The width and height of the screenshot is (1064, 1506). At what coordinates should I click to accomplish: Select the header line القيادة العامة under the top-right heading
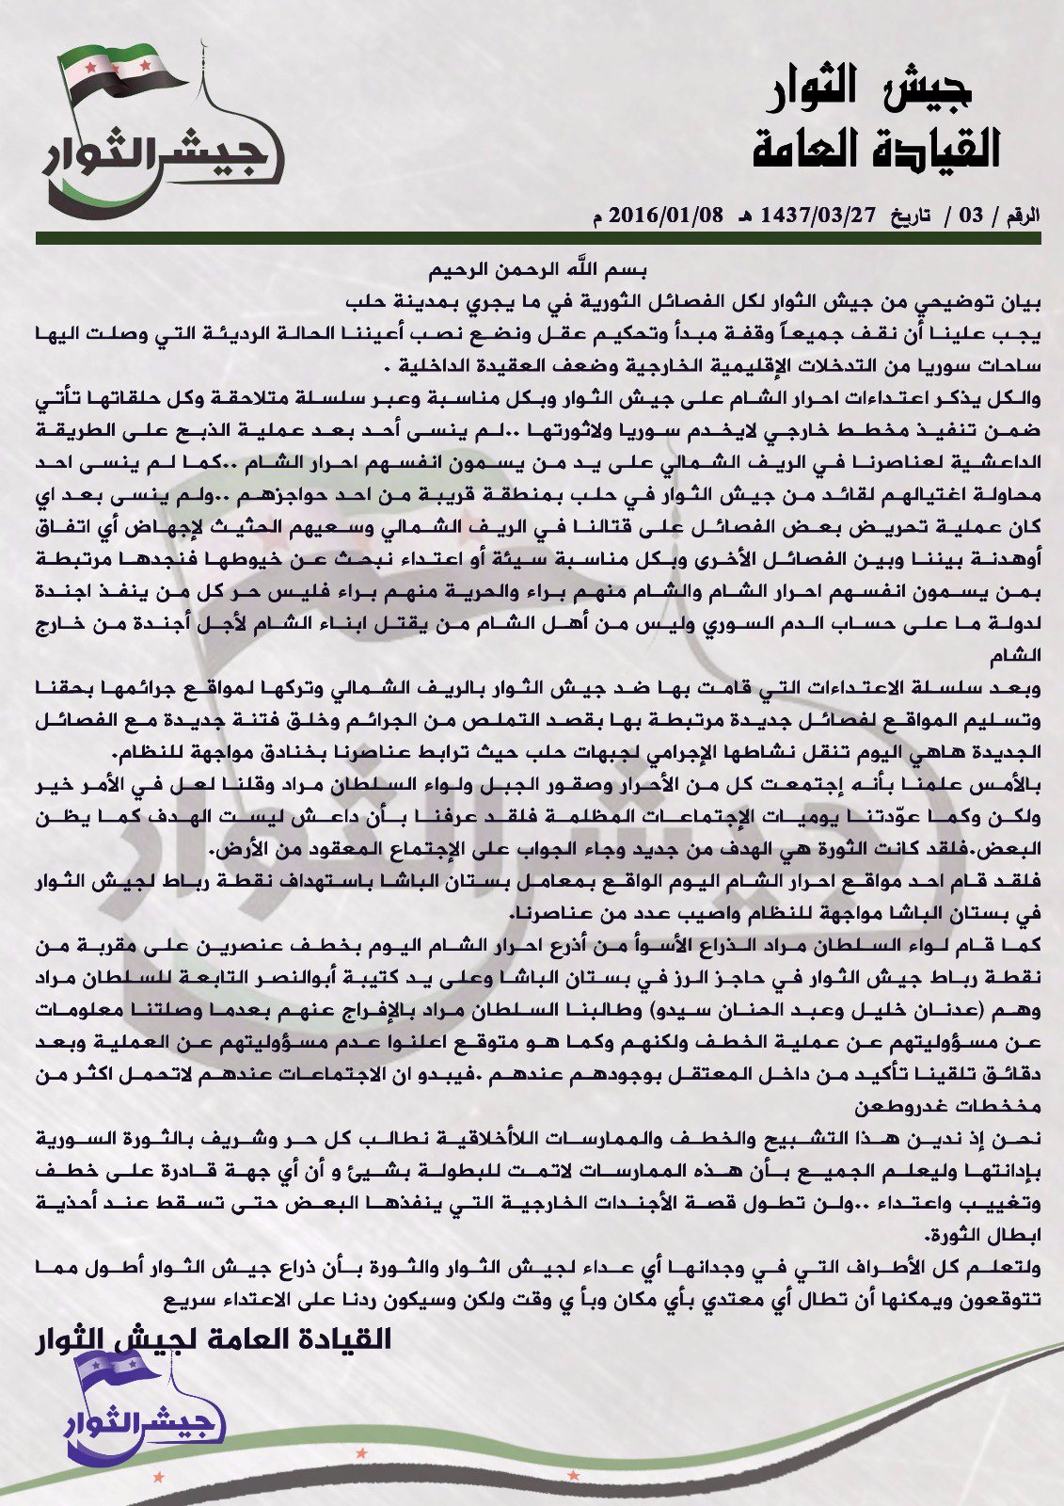pyautogui.click(x=876, y=149)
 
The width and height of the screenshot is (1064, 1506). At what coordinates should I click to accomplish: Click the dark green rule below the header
pyautogui.click(x=537, y=239)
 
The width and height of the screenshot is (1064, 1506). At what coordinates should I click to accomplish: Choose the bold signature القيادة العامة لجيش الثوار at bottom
pyautogui.click(x=212, y=1338)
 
